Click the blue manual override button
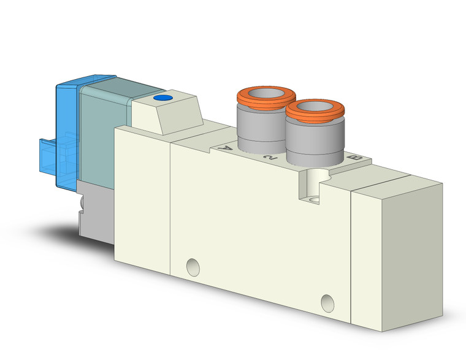(x=162, y=98)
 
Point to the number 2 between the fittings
(x=268, y=159)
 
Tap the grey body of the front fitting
(x=313, y=144)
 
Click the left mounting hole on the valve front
(x=194, y=266)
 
